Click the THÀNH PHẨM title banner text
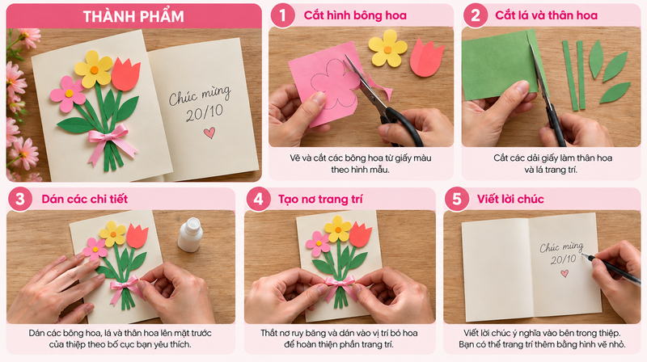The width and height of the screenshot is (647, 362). click(x=133, y=16)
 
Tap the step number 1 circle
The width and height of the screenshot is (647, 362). click(x=282, y=15)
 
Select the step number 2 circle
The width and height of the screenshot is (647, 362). click(x=476, y=15)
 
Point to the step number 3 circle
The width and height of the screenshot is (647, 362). click(x=19, y=199)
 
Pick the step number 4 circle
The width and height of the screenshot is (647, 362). click(x=258, y=199)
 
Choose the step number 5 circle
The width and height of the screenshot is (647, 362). click(x=457, y=199)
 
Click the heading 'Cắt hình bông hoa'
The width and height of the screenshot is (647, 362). click(x=355, y=15)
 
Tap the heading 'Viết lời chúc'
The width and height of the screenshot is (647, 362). click(x=510, y=199)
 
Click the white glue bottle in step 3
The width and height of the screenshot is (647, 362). click(x=190, y=234)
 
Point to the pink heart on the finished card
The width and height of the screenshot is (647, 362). click(x=209, y=133)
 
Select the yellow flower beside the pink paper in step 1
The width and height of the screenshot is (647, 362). click(x=387, y=48)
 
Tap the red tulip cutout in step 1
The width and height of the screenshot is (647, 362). click(x=427, y=57)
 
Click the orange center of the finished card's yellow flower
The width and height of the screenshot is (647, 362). click(x=95, y=69)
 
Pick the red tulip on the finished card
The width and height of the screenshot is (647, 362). click(x=126, y=74)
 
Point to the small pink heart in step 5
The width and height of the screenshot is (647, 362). click(x=565, y=273)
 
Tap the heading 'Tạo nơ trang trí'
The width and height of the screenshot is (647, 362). click(x=320, y=200)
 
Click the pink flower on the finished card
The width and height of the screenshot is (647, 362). click(x=68, y=94)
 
